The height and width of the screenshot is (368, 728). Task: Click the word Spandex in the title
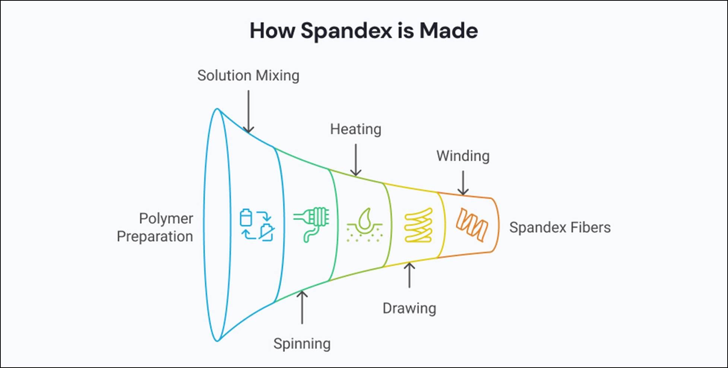[x=346, y=31]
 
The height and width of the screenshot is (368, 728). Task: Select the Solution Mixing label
[x=248, y=76]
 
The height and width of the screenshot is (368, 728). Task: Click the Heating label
[x=355, y=129]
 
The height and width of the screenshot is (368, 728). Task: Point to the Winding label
[x=463, y=156]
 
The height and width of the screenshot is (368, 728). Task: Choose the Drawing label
[x=409, y=308]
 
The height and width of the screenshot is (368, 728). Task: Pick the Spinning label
[x=302, y=344]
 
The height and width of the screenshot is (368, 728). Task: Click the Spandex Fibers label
[x=560, y=228]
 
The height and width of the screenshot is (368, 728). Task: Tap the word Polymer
[x=166, y=219]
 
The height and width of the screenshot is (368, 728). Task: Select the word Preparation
[x=155, y=237]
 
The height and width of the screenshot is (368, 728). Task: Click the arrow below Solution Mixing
[x=248, y=111]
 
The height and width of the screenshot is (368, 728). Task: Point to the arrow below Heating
[x=356, y=160]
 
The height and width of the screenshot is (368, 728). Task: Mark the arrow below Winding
[x=463, y=183]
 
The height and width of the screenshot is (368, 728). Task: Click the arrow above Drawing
[x=409, y=275]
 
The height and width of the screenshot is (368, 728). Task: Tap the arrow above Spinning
[x=302, y=307]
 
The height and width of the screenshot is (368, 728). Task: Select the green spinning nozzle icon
[x=312, y=224]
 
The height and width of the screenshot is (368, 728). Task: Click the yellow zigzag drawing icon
[x=418, y=225]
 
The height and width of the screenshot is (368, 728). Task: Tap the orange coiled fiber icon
[x=472, y=225]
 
